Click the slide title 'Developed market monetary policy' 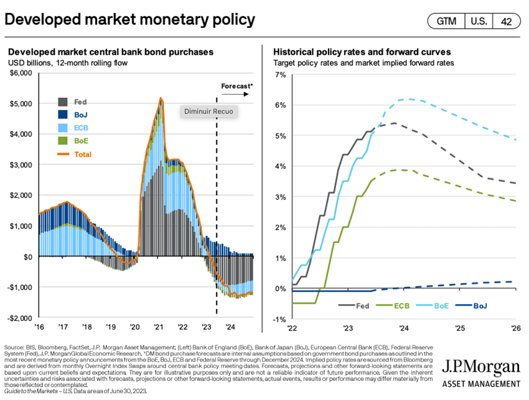click(x=130, y=20)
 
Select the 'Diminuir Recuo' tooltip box click(x=209, y=111)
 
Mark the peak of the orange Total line click(x=161, y=98)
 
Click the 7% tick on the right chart click(x=279, y=75)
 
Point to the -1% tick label click(x=278, y=319)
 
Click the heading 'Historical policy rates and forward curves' click(x=362, y=52)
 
